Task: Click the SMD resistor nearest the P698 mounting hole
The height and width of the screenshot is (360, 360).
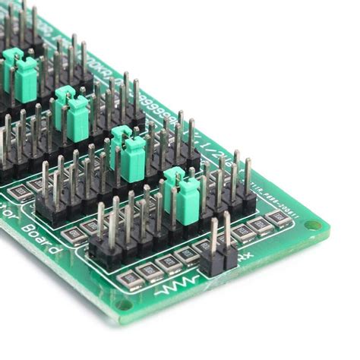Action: [279, 218]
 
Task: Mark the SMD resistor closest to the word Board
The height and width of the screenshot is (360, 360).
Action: [74, 235]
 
